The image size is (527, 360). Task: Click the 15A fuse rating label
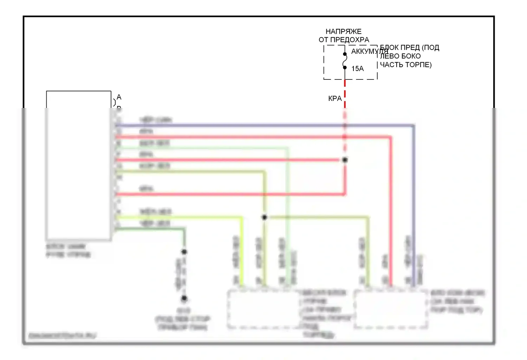click(x=357, y=69)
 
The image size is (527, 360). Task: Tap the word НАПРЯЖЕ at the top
click(x=343, y=32)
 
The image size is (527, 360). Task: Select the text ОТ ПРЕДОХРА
click(x=344, y=40)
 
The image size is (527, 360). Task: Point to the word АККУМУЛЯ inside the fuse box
click(x=369, y=51)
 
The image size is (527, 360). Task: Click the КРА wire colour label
click(x=334, y=98)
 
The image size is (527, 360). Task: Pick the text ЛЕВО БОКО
click(x=400, y=56)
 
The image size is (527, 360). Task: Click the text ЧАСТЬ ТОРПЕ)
click(x=406, y=65)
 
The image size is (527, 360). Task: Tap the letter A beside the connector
click(x=119, y=97)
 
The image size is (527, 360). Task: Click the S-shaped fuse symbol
click(x=345, y=60)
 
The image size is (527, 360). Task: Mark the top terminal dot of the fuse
click(x=345, y=54)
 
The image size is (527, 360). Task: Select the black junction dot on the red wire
click(x=345, y=160)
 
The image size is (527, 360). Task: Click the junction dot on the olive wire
click(x=265, y=217)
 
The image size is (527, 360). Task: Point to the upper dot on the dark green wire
click(x=184, y=252)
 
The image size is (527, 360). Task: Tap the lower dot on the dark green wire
click(x=184, y=299)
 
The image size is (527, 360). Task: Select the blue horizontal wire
click(x=263, y=125)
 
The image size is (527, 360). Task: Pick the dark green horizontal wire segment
click(x=151, y=229)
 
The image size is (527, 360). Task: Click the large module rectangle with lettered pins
click(x=79, y=165)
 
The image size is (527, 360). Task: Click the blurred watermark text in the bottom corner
click(x=62, y=336)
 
